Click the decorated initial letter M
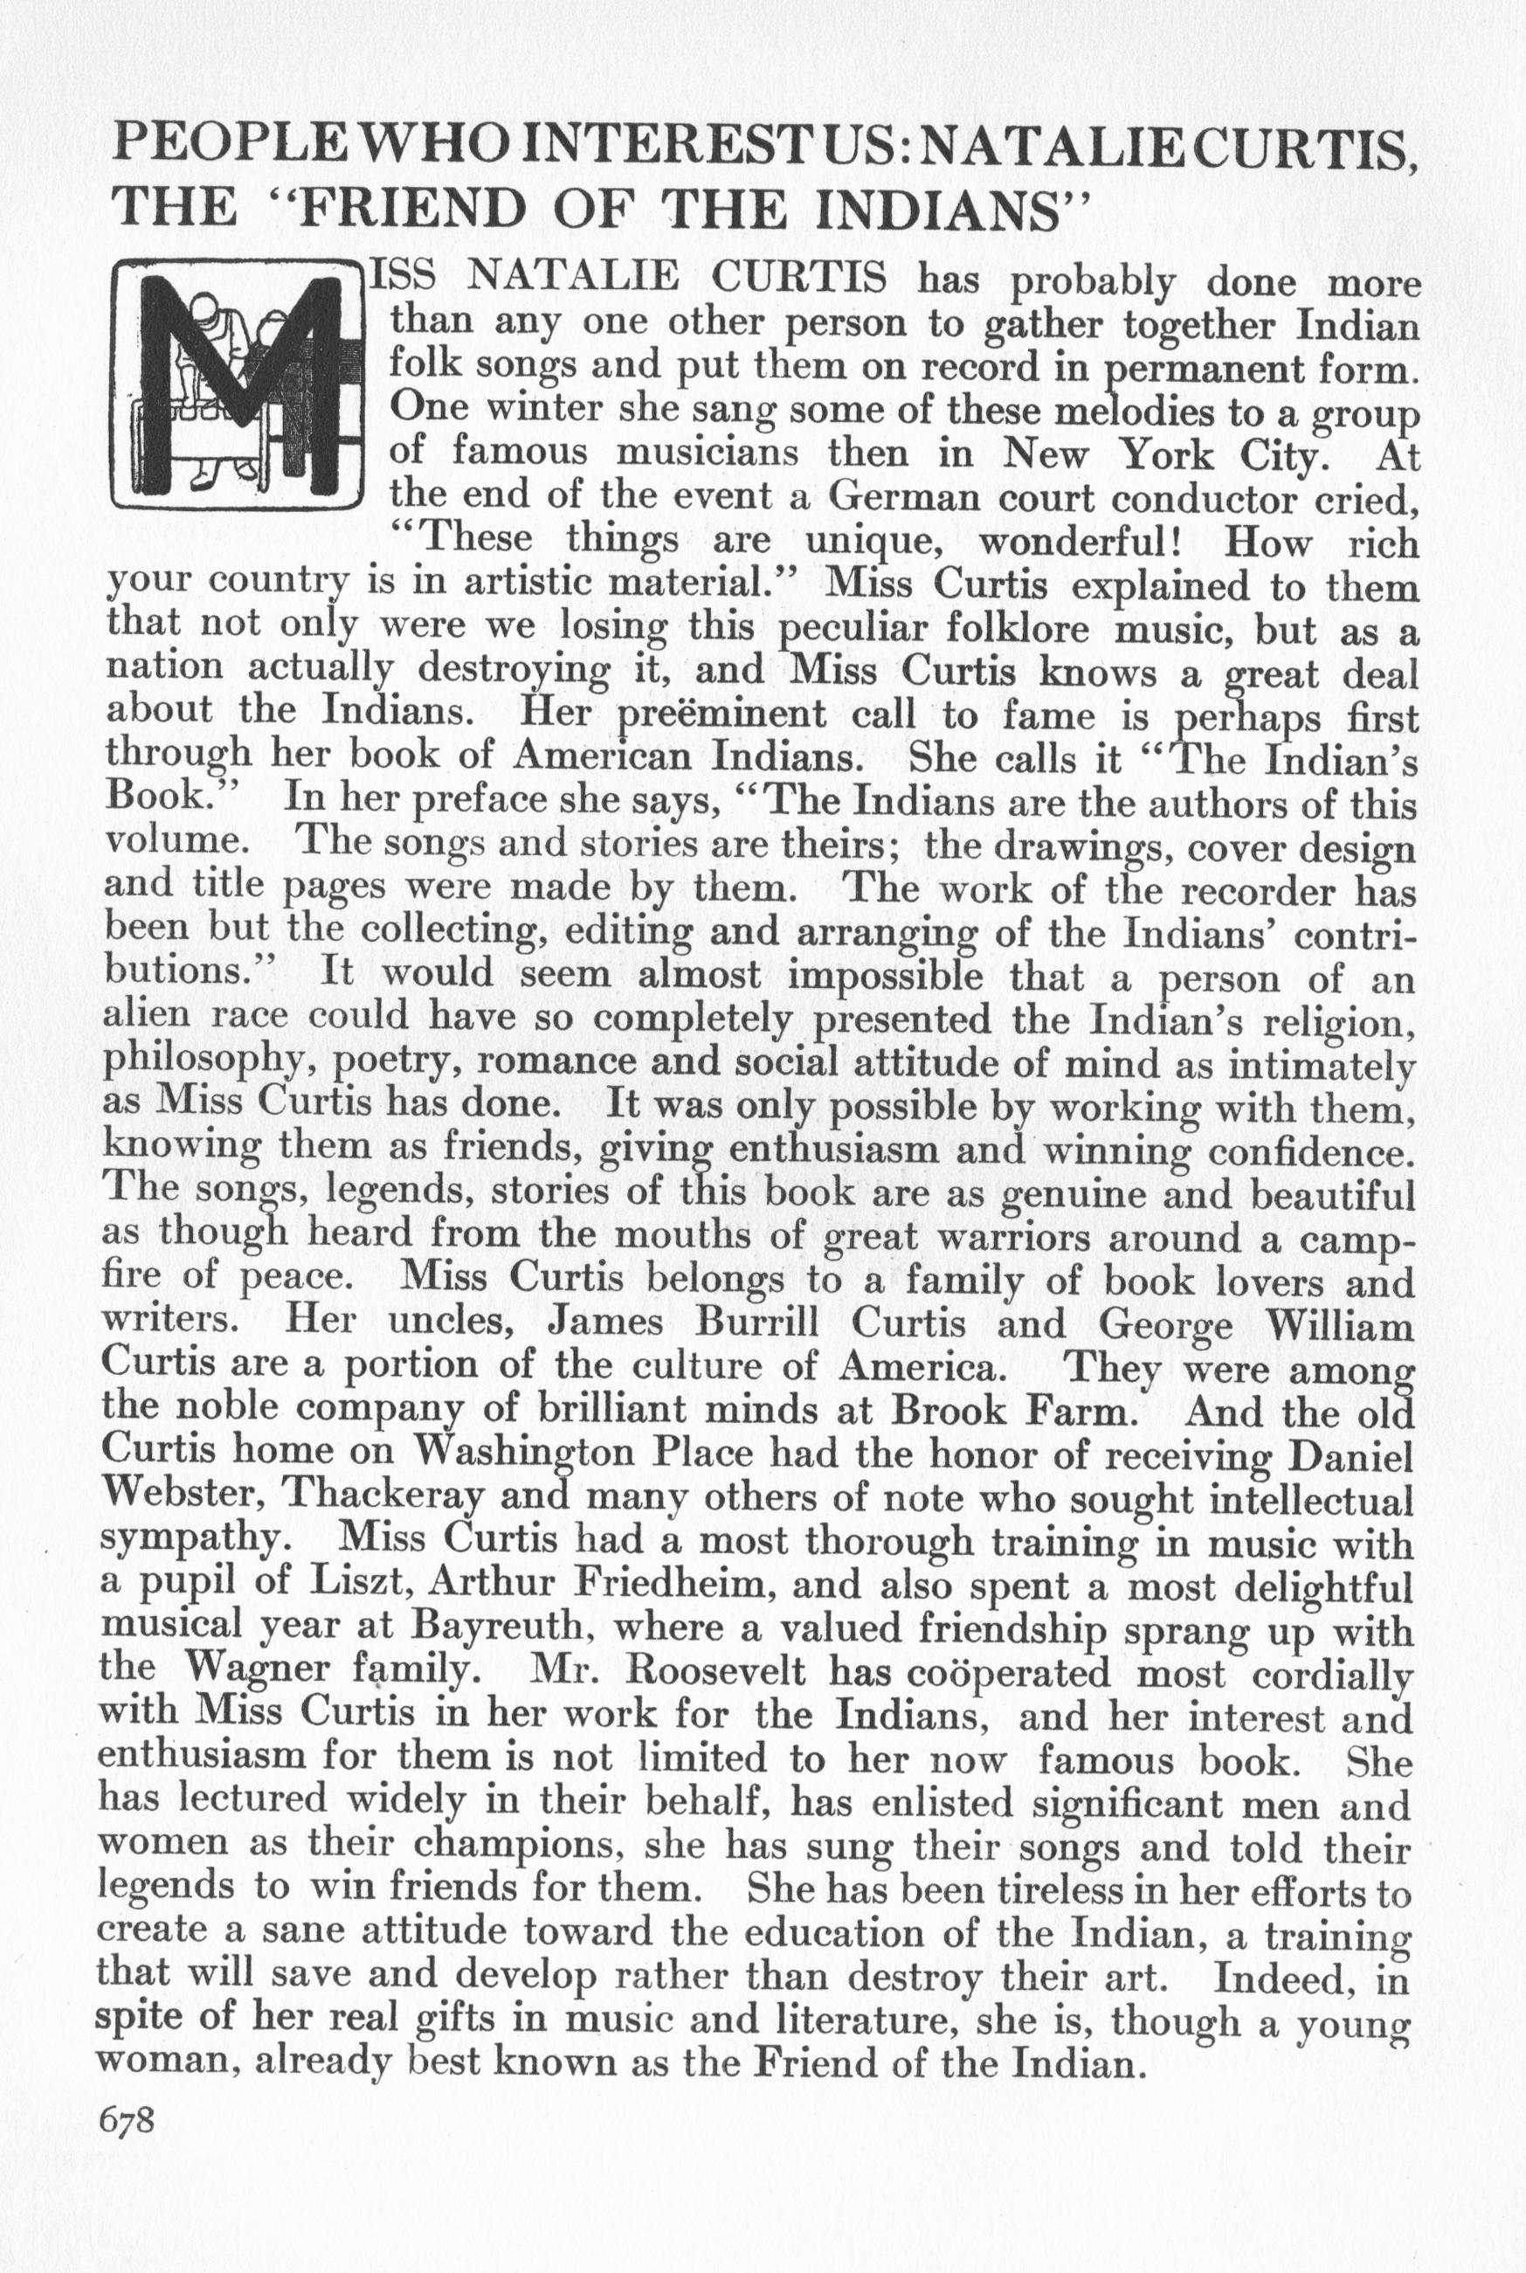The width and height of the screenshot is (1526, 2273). point(237,383)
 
